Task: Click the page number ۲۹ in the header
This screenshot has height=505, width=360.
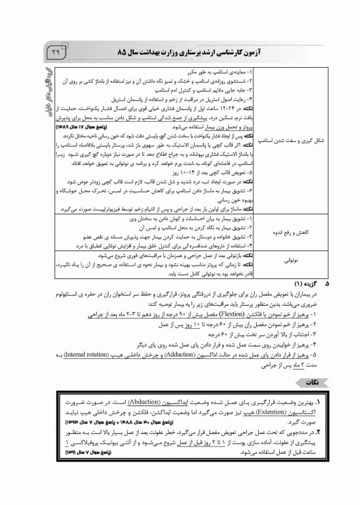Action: [55, 51]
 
